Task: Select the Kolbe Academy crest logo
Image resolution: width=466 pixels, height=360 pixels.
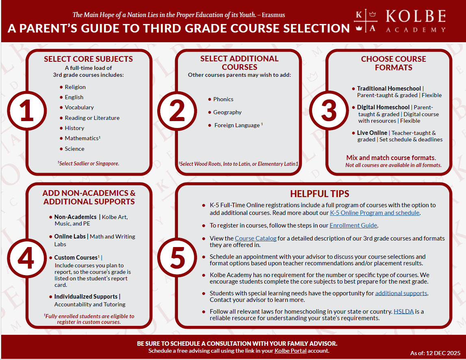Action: (365, 22)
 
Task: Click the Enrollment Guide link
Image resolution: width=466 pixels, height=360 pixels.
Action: (353, 225)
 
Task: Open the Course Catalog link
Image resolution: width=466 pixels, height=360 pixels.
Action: (256, 238)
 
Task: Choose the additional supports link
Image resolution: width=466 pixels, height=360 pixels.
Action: (401, 293)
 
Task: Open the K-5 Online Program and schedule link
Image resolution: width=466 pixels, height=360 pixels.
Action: (374, 213)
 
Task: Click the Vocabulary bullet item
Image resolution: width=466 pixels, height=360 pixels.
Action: (79, 107)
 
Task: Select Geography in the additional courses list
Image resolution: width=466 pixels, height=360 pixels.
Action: (227, 112)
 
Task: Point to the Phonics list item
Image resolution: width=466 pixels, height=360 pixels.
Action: (223, 99)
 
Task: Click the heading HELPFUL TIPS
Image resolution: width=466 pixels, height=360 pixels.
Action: (319, 194)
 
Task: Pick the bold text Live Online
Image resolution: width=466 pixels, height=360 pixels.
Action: (372, 133)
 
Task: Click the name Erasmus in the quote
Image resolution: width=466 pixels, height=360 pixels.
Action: (273, 15)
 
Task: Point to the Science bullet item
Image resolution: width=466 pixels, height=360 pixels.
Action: (74, 149)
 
